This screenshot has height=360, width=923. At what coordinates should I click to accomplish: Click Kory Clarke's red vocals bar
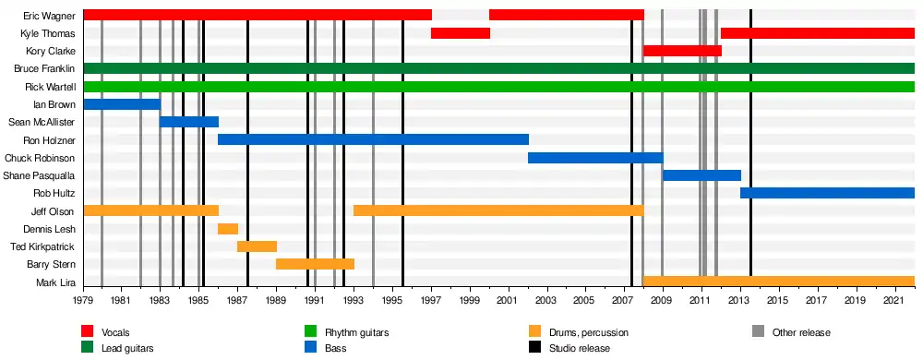[x=682, y=51]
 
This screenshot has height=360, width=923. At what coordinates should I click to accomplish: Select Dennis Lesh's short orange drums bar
[x=228, y=229]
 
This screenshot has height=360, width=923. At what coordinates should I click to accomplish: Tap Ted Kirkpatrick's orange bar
[x=257, y=246]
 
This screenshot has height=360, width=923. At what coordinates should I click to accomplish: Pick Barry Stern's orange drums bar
[x=315, y=264]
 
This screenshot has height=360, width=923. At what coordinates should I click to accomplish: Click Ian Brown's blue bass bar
[x=122, y=104]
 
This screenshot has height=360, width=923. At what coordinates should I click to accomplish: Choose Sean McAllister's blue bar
[x=189, y=122]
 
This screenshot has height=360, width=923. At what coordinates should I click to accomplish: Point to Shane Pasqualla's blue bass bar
[x=701, y=175]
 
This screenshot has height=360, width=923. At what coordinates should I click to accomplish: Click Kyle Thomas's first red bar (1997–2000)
[x=461, y=33]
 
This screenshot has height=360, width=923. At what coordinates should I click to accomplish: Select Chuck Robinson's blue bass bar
[x=595, y=158]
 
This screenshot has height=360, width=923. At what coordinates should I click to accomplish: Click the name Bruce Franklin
[x=44, y=69]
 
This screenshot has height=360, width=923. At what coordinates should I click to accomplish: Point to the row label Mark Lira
[x=56, y=282]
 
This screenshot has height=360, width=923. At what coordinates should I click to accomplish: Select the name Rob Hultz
[x=57, y=193]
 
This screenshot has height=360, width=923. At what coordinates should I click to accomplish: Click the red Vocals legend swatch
[x=88, y=332]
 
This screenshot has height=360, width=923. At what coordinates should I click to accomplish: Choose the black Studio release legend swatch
[x=535, y=348]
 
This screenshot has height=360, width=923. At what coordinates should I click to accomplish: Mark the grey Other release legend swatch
[x=759, y=332]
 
